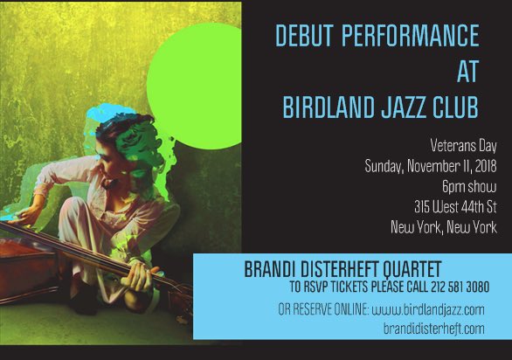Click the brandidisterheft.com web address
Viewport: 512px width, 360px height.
click(x=433, y=328)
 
